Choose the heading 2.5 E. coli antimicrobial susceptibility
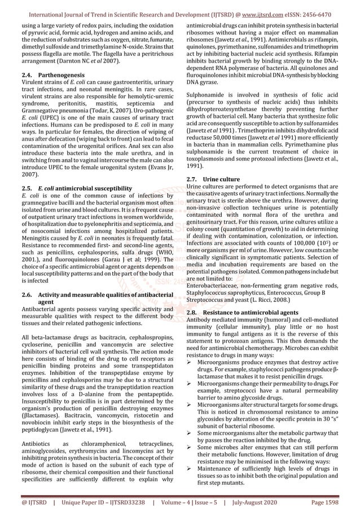coord(76,187)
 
